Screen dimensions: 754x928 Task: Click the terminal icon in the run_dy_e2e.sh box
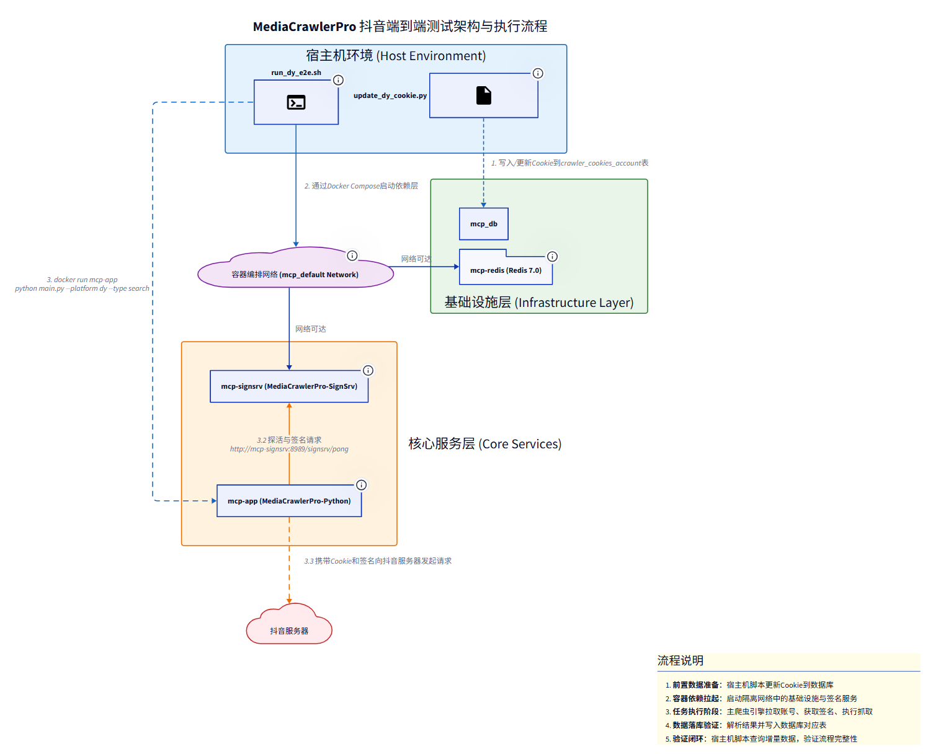(x=296, y=102)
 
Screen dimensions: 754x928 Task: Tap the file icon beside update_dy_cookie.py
(x=484, y=95)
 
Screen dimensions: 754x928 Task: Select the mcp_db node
(x=484, y=224)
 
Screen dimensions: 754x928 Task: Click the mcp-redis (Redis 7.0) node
(x=506, y=270)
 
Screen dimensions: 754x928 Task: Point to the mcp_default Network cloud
(x=295, y=274)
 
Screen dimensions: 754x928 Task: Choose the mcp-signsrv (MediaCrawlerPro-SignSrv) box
(x=289, y=386)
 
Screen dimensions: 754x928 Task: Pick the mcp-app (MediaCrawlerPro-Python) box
(x=289, y=501)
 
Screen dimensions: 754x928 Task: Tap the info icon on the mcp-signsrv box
(x=368, y=371)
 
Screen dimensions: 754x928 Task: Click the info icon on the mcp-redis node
(x=552, y=257)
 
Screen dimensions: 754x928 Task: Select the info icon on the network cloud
(x=352, y=255)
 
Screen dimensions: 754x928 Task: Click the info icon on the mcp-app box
(x=361, y=485)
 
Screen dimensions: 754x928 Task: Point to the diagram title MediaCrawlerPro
(x=400, y=27)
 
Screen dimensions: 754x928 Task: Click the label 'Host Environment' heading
(x=396, y=56)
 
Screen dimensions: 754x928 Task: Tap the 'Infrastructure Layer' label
(x=539, y=303)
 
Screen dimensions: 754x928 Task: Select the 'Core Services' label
(x=484, y=444)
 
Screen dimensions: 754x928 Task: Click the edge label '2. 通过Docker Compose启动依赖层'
(x=361, y=186)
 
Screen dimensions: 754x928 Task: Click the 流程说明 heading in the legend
(x=680, y=661)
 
